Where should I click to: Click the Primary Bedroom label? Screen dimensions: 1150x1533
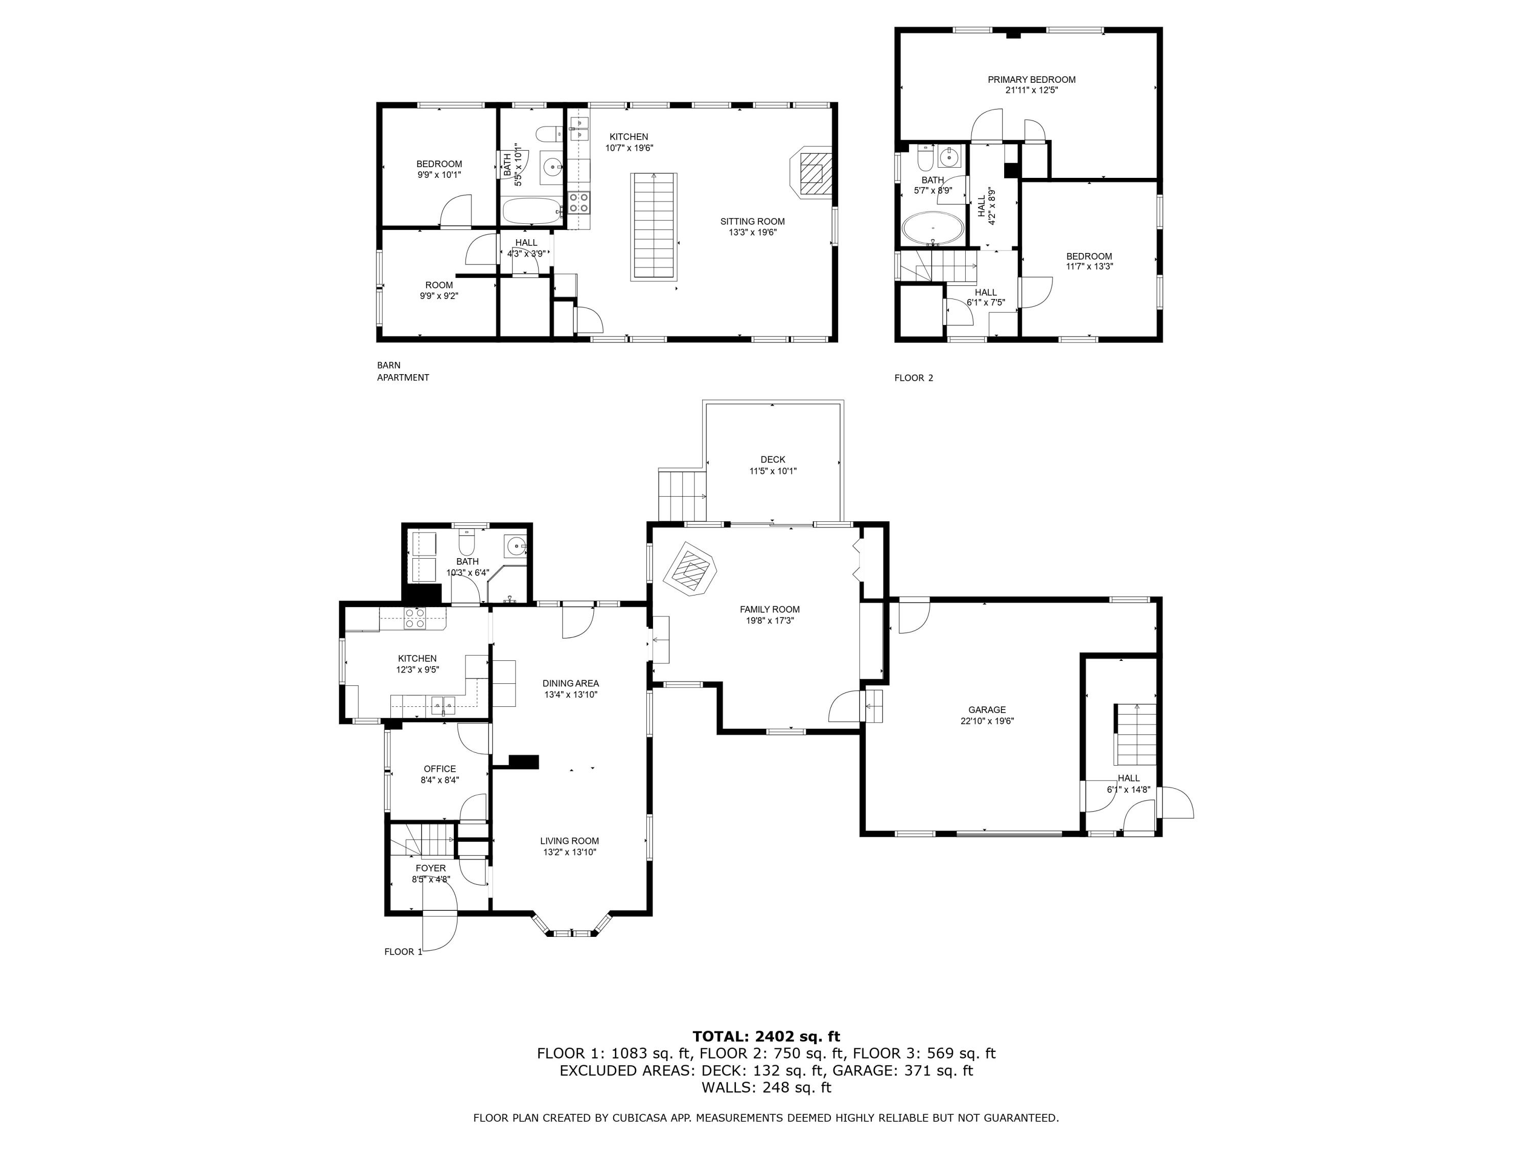coord(1031,80)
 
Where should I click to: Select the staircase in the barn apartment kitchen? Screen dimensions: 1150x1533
coord(654,226)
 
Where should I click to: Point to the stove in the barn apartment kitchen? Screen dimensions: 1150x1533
coord(578,202)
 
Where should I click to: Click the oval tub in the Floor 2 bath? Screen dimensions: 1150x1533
coord(932,229)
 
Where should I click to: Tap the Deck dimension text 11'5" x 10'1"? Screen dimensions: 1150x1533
coord(773,471)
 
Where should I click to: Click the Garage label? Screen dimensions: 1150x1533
coord(987,710)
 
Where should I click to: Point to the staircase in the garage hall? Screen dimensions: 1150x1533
coord(1135,734)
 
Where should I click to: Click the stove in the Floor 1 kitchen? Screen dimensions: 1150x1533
coord(414,618)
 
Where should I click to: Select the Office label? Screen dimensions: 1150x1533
coord(439,769)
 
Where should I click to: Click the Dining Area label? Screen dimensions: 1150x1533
coord(570,683)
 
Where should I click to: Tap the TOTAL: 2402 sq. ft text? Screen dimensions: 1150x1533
coord(766,1037)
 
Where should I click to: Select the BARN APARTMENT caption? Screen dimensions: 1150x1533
coord(403,372)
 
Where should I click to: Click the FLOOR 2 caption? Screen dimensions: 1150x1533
coord(914,378)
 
